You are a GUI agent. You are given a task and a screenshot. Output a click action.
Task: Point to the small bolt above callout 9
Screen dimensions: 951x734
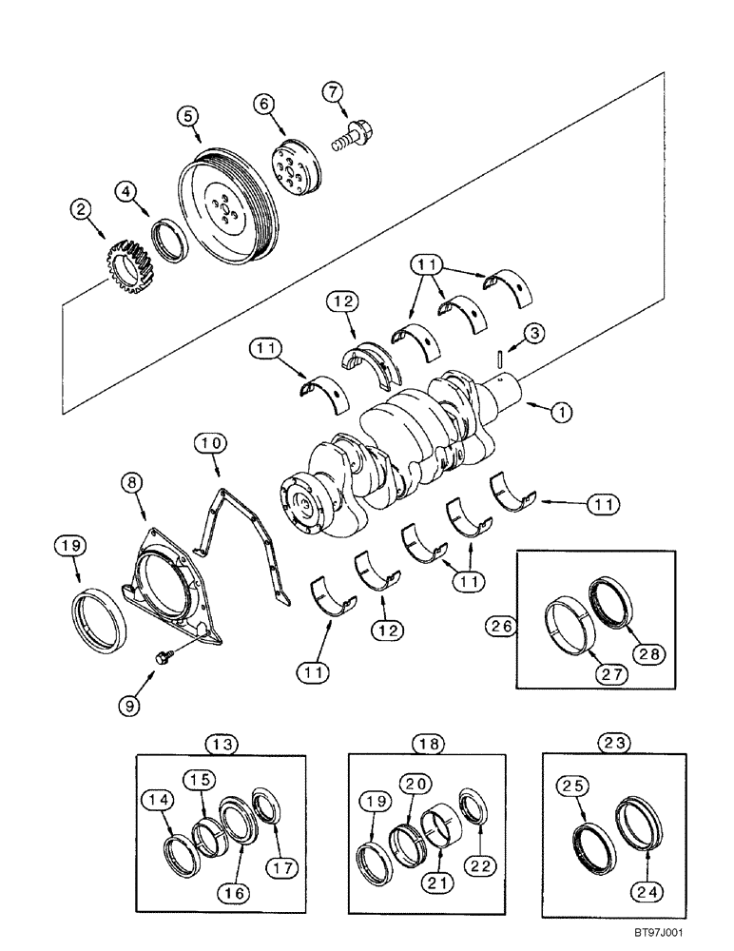[x=164, y=656]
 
